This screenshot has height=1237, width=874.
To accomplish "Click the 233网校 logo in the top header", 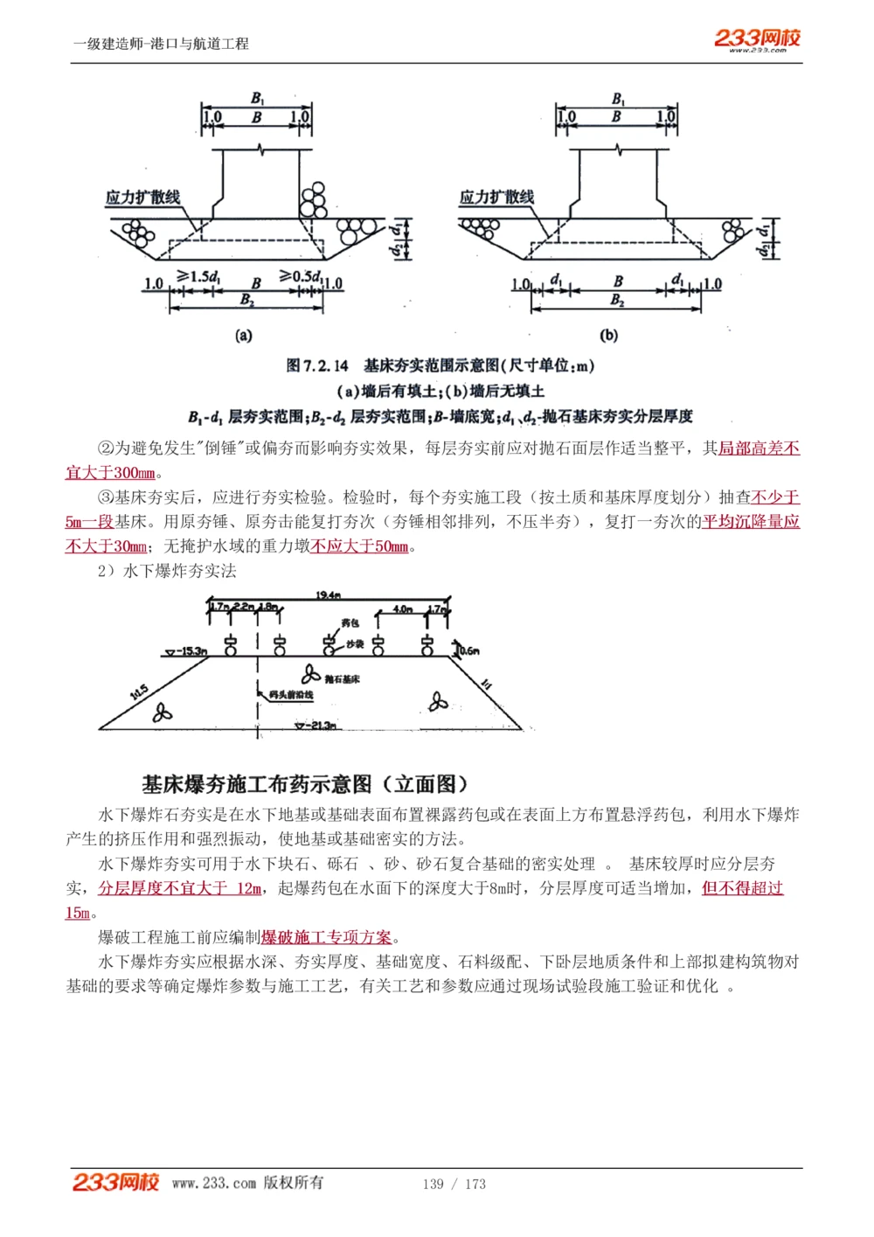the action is pos(757,38).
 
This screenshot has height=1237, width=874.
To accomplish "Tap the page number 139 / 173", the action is pos(454,1184).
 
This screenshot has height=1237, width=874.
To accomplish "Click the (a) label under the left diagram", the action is pos(244,336).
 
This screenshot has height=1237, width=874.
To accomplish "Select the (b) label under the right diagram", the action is pos(609,336).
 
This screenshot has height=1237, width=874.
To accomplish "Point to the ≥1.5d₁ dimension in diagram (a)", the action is pos(198,276).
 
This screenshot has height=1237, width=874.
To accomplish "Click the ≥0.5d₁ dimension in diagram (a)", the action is pos(300,276).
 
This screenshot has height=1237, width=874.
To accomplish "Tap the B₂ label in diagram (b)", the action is pos(617,301).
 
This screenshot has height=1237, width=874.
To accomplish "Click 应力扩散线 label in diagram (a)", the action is pos(142,197).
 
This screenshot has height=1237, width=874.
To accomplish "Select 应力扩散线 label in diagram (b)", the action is pos(496,197).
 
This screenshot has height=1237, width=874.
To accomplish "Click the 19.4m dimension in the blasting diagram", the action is pos(328,594).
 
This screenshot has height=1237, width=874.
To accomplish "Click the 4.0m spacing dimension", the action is pos(403,608).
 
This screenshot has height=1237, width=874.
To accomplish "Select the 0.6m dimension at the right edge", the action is pos(469,650).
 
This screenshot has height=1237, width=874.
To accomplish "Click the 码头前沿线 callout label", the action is pos(292,695).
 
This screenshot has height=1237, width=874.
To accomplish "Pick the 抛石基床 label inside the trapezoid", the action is pos(342,678).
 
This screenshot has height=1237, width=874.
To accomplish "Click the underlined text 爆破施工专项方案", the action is pos(326,937).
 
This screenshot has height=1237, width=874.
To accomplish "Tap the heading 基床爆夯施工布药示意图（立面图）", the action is pos(306,784).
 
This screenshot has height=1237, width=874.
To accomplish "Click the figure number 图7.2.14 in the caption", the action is pos(317,365).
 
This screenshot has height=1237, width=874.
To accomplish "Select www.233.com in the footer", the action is pos(214,1184).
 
